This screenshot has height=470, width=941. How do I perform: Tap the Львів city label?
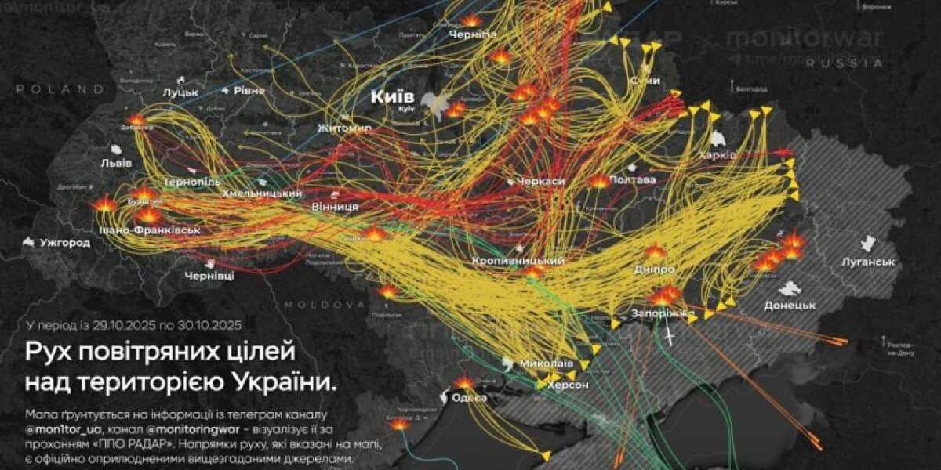click(x=115, y=163)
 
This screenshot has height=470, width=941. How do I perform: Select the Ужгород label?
click(x=65, y=243)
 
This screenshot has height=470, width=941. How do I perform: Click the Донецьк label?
click(x=790, y=305)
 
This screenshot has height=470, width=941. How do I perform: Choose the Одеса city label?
click(x=469, y=398)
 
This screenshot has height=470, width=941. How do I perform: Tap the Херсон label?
click(x=568, y=385)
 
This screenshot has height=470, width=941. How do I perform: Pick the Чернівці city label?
click(x=209, y=277)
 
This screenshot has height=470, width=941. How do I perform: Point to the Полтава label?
click(x=631, y=180)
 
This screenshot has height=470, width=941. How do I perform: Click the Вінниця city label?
click(x=335, y=207)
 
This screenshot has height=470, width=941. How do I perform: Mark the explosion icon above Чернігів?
click(x=470, y=21)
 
